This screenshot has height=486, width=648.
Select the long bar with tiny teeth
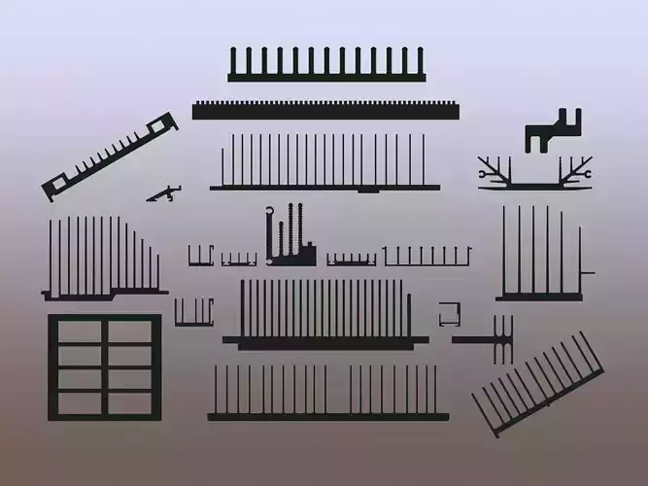325,110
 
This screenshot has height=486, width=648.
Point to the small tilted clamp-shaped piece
164,193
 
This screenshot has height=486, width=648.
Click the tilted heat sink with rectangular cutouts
109,156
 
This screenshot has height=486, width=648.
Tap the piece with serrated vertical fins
290,239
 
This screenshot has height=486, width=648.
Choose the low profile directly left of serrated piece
238,260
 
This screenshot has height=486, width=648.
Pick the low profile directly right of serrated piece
351,260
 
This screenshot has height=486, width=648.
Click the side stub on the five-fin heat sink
587,272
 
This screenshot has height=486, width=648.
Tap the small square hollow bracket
449,314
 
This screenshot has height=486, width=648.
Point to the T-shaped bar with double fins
490,340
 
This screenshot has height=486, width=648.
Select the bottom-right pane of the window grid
130,402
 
